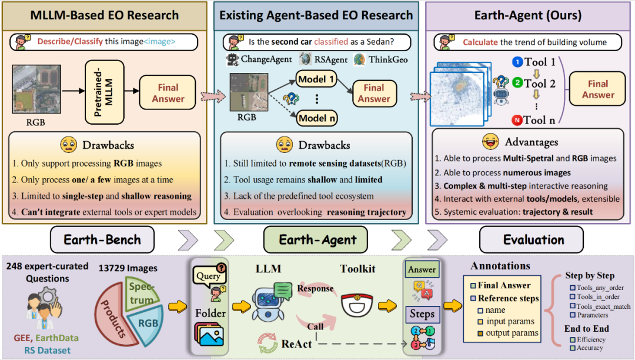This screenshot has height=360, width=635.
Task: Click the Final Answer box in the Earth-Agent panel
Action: (598, 89)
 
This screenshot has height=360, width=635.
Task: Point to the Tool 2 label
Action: (539, 84)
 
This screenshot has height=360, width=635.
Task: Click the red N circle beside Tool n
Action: (517, 121)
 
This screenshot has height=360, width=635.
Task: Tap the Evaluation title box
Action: (534, 240)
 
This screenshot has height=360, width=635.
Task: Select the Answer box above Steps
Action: (422, 270)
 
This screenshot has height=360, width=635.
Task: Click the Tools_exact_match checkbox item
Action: (599, 306)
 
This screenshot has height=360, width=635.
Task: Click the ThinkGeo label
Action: (389, 59)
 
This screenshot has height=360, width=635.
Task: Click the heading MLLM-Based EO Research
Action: (104, 15)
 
